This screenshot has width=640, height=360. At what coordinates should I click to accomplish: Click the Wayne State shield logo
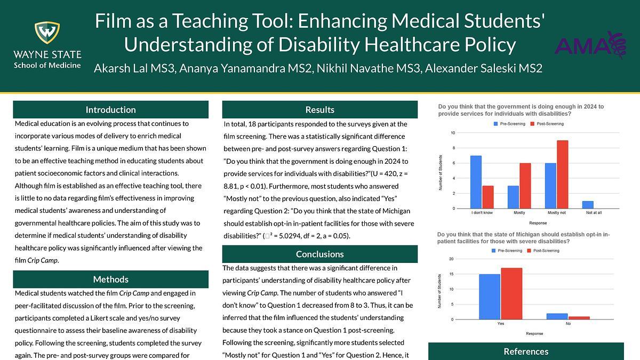click(47, 33)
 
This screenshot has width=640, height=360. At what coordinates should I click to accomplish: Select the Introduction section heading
click(111, 109)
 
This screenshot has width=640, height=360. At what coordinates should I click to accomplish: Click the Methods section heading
click(111, 279)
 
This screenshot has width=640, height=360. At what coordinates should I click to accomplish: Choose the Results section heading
click(320, 109)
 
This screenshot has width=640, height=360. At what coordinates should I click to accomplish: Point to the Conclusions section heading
click(320, 254)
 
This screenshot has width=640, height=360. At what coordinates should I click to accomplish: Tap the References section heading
click(526, 351)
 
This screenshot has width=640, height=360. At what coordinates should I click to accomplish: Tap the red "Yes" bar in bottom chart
click(511, 293)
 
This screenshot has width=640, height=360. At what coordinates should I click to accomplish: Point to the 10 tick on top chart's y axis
click(453, 133)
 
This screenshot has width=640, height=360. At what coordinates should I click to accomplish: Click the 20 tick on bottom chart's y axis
click(451, 259)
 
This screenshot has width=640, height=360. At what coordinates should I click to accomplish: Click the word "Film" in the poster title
click(114, 21)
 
